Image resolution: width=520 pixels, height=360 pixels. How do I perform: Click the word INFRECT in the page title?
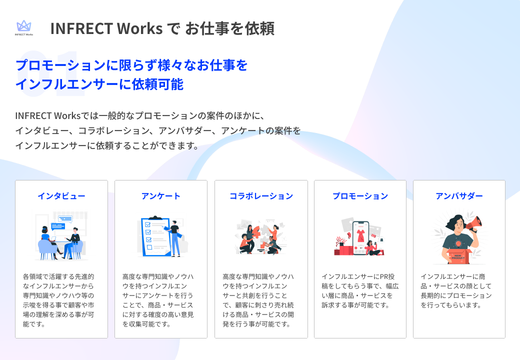pyautogui.click(x=81, y=28)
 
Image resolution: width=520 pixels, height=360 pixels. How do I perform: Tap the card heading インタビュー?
pyautogui.click(x=61, y=196)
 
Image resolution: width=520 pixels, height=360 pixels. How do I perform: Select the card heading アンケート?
pyautogui.click(x=160, y=196)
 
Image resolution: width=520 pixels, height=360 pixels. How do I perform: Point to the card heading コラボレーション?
pyautogui.click(x=261, y=196)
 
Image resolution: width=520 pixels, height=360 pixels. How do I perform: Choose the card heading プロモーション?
pyautogui.click(x=360, y=196)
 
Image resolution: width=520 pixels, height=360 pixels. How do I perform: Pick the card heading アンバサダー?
pyautogui.click(x=459, y=196)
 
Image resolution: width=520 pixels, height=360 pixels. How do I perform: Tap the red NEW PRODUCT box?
pyautogui.click(x=457, y=257)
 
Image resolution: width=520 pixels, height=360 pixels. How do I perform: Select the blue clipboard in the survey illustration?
pyautogui.click(x=152, y=235)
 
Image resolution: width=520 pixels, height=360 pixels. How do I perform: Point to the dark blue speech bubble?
pyautogui.click(x=58, y=226)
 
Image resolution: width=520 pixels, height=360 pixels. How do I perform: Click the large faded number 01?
pyautogui.click(x=50, y=75)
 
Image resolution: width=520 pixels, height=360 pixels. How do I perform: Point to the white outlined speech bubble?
pyautogui.click(x=65, y=218)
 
